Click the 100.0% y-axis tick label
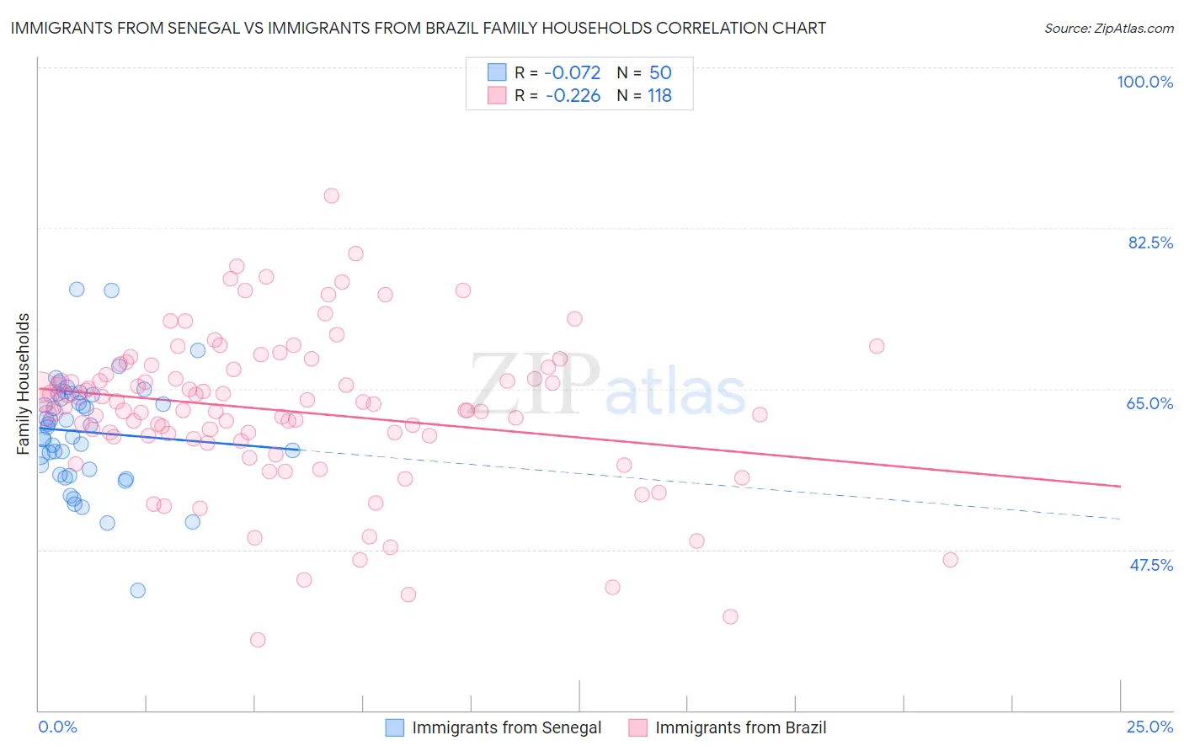click(x=1144, y=82)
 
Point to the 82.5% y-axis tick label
click(x=1150, y=242)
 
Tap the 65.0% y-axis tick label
click(x=1149, y=403)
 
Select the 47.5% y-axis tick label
click(x=1150, y=565)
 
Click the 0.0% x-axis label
click(x=57, y=727)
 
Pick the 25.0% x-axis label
click(x=1149, y=727)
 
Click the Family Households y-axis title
click(x=23, y=384)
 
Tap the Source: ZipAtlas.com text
click(x=1108, y=29)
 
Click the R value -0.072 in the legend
click(x=573, y=72)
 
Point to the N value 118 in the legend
click(x=659, y=96)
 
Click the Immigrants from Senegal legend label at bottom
click(x=506, y=727)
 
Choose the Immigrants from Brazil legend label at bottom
click(x=740, y=727)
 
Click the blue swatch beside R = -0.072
click(x=497, y=72)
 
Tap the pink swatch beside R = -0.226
click(x=497, y=96)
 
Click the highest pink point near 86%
click(x=331, y=195)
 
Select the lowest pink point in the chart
click(x=258, y=640)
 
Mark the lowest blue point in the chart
click(x=138, y=590)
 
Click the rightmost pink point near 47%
click(x=950, y=560)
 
